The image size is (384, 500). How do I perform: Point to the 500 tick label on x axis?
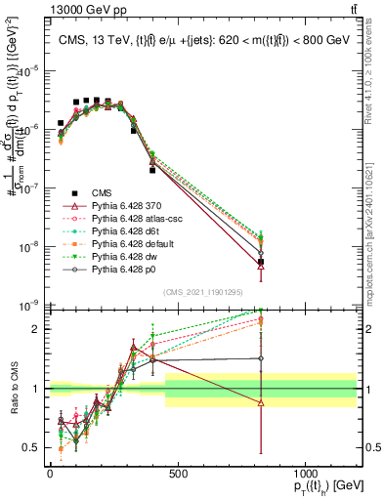[x=178, y=474]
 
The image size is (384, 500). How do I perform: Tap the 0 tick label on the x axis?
[x=50, y=474]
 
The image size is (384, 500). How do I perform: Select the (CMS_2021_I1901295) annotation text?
[x=203, y=293]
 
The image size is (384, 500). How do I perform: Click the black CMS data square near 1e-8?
[x=260, y=262]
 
